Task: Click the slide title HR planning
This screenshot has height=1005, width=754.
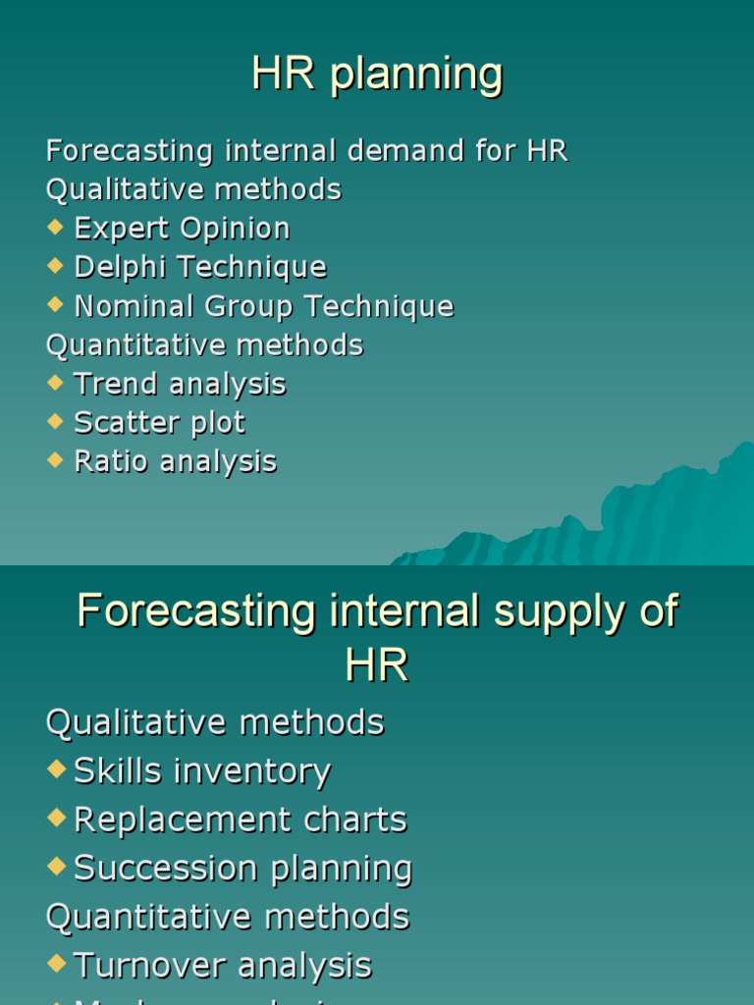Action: click(x=377, y=75)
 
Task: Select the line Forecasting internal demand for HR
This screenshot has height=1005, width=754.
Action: click(x=306, y=151)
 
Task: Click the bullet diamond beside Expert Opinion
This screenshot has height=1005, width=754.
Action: click(x=54, y=227)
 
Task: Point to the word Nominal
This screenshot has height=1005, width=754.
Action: click(x=135, y=306)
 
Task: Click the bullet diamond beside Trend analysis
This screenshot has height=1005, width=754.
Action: click(x=54, y=382)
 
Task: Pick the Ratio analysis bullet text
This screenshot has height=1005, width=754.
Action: click(x=175, y=462)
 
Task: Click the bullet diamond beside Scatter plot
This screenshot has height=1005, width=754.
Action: click(x=54, y=421)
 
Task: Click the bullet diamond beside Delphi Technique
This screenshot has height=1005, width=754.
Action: click(x=54, y=265)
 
